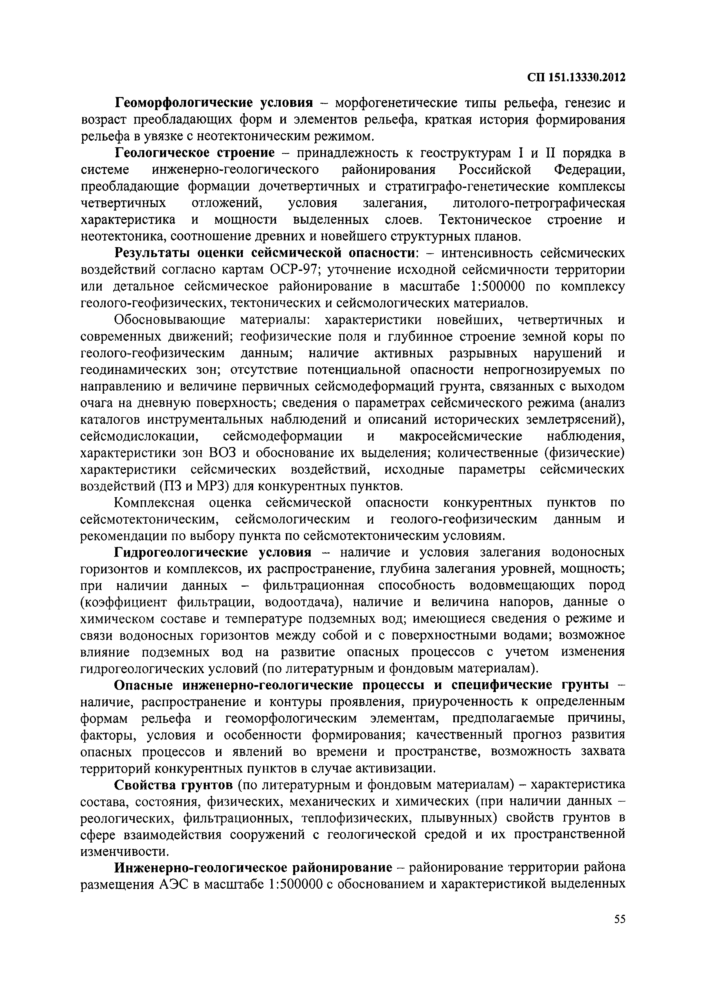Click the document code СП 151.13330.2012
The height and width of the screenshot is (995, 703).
[576, 78]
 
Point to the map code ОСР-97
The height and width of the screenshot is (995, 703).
[295, 270]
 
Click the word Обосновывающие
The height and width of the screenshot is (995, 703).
[169, 320]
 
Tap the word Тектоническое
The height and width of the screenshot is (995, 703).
[485, 220]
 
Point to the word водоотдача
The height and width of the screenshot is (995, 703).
[300, 602]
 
